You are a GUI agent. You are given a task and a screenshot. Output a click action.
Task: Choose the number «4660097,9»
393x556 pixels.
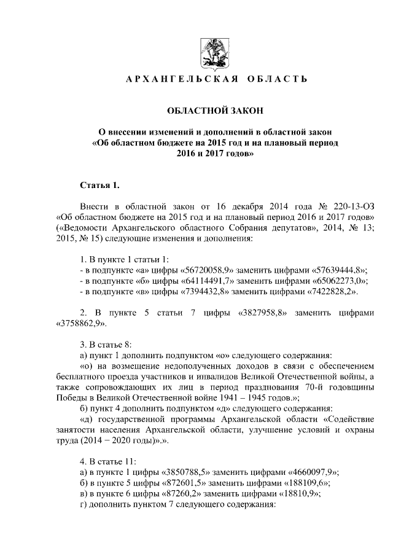tap(313, 472)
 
